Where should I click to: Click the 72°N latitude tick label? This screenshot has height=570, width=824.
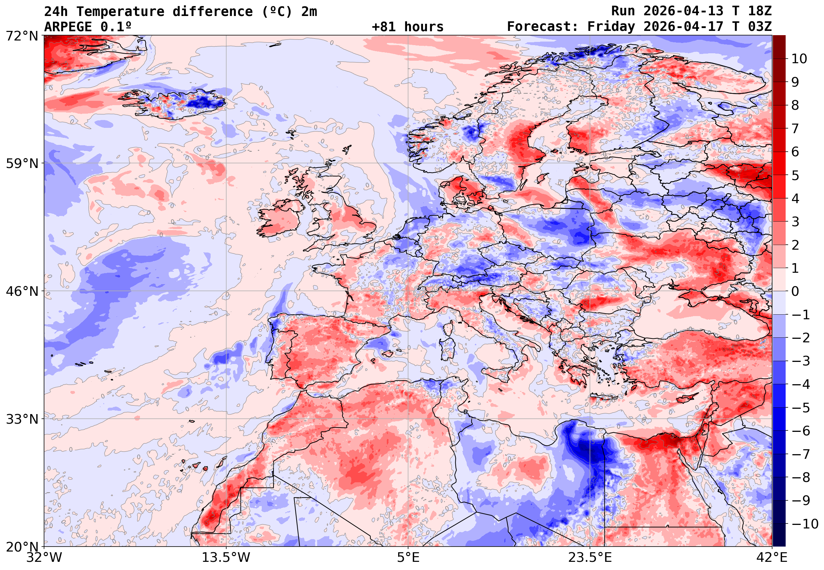[x=21, y=36]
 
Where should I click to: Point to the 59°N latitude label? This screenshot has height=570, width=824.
[x=21, y=164]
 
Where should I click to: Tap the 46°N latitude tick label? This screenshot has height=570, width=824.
[x=21, y=291]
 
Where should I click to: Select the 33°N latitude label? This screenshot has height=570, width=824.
[x=21, y=419]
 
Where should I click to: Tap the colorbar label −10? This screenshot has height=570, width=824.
[x=805, y=524]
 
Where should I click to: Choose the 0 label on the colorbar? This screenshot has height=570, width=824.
[x=795, y=292]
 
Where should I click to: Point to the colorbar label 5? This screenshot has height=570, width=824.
[x=795, y=175]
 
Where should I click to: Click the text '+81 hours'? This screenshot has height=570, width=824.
[x=407, y=27]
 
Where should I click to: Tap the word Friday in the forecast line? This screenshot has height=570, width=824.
[x=611, y=27]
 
